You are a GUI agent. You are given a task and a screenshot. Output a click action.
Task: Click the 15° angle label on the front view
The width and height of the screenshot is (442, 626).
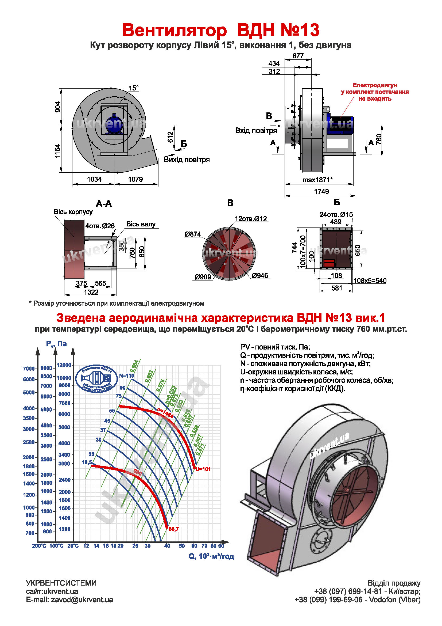[134, 88]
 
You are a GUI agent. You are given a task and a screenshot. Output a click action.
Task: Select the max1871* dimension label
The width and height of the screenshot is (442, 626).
[318, 180]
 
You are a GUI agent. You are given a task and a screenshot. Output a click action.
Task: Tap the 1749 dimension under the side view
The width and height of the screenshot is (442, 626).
[321, 191]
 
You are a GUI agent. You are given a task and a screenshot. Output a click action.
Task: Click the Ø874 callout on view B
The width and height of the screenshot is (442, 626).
[193, 234]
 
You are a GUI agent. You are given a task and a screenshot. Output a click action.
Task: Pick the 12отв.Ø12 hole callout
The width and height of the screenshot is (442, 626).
[251, 219]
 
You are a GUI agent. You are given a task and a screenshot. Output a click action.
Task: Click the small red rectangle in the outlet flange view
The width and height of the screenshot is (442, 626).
[329, 263]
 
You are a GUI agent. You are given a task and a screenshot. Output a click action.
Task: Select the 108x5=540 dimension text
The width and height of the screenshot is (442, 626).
[370, 280]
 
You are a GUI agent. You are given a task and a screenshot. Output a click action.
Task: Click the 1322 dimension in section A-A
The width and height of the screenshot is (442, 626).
[91, 292]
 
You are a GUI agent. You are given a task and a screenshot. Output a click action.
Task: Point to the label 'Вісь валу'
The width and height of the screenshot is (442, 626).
[141, 224]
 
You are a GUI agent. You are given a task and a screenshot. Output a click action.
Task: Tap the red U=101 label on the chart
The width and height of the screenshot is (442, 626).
[203, 469]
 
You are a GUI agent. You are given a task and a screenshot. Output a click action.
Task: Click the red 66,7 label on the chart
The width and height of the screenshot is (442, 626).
[174, 529]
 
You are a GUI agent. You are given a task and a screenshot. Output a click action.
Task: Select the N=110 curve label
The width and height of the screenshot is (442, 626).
[127, 375]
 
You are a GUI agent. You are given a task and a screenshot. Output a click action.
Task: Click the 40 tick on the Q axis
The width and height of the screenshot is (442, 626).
[167, 546]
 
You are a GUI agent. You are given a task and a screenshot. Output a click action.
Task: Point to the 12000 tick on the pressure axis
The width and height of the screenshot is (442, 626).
[64, 365]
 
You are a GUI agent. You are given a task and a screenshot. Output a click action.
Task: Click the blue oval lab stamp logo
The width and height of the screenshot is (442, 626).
[97, 379]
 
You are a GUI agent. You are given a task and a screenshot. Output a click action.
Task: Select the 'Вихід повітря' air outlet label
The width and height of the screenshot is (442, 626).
[187, 160]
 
